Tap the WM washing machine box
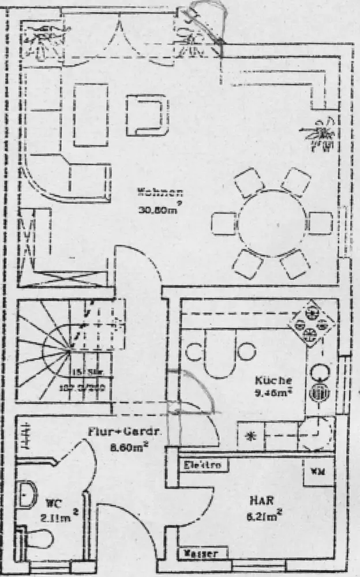click(318, 471)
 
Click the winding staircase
click(61, 351)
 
